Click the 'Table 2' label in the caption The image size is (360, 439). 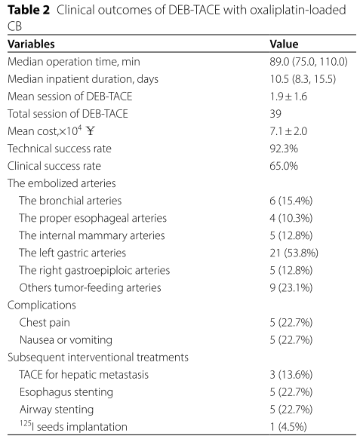tap(29, 11)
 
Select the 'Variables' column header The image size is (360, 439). tap(31, 44)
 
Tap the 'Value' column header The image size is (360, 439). tap(284, 44)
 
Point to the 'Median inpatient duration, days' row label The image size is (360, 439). tap(83, 79)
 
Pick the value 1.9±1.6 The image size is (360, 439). tap(288, 97)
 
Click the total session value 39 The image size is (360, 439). tap(275, 114)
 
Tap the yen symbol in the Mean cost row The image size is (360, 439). tap(91, 130)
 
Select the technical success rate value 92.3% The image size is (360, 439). tap(284, 149)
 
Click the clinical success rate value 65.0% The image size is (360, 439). tap(284, 166)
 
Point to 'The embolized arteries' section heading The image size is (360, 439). tap(62, 183)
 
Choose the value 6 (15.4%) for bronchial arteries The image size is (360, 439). tap(291, 201)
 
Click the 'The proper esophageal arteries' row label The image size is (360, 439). tap(93, 218)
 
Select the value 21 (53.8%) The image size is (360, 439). tap(294, 253)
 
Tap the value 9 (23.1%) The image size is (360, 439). tap(291, 287)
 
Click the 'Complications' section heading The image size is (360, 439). tap(42, 305)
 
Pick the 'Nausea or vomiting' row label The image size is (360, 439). tap(66, 340)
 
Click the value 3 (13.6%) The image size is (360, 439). tap(291, 375)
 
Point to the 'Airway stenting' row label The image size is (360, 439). tap(57, 410)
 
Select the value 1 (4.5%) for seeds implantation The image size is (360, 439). tap(288, 427)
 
